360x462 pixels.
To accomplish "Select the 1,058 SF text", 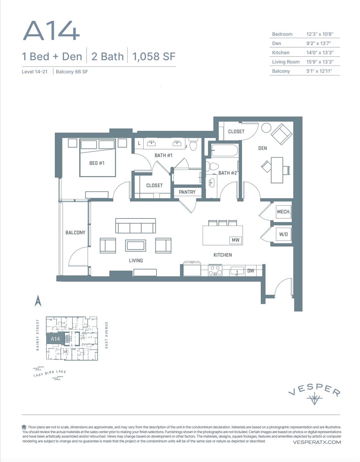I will point(154,56).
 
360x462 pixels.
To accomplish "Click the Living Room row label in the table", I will point(285,62).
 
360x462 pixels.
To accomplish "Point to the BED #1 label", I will point(97,163).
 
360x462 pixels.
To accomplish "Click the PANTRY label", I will point(187,192).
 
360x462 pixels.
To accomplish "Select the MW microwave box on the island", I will point(235,240).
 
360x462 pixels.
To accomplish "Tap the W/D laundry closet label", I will point(283,234).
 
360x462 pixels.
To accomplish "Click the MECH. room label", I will point(284,212).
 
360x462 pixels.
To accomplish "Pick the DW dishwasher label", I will point(251,271).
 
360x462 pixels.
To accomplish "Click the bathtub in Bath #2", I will point(225,150).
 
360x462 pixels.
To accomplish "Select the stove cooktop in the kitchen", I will point(215,270).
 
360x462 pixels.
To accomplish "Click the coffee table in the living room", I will point(136,245).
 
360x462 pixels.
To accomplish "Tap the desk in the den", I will point(277,170).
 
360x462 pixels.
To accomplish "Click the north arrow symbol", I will point(38,300).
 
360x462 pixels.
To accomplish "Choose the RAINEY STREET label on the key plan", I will point(38,335).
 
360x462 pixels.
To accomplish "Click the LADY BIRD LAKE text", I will point(50,373).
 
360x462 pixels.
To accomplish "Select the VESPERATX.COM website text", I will point(317,442).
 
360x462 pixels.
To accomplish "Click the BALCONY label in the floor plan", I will point(75,233).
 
